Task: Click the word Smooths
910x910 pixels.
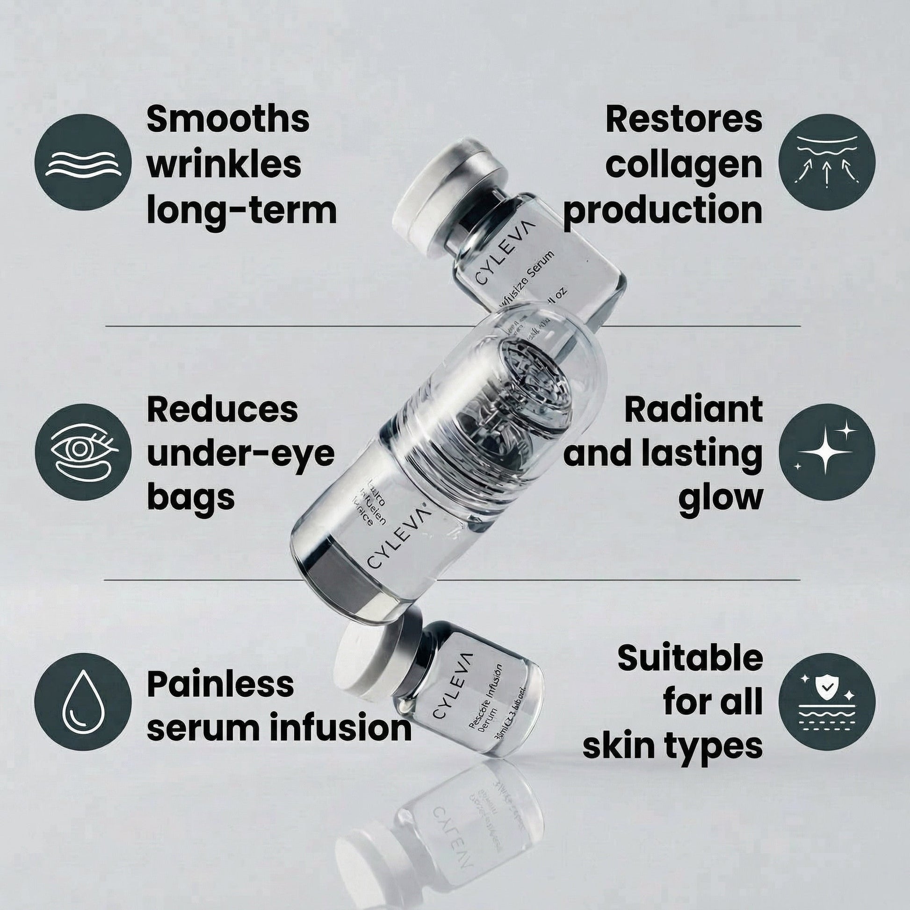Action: [228, 120]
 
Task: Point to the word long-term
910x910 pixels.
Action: [242, 210]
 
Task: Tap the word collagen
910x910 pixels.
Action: [684, 165]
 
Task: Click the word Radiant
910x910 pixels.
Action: [693, 410]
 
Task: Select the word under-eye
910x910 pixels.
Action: [241, 454]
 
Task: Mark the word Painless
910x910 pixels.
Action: [220, 684]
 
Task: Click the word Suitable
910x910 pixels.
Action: [690, 658]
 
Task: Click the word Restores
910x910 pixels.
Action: [684, 120]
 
